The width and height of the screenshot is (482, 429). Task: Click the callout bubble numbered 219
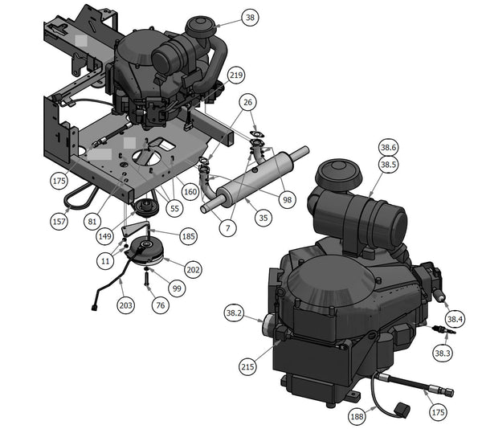(236, 75)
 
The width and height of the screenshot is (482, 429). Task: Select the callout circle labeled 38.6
(388, 148)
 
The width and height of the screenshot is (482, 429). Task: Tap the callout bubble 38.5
(388, 165)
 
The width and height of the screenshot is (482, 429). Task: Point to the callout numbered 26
(247, 102)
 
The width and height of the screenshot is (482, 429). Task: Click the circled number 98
(287, 200)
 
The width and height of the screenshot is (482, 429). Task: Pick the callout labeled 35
(263, 218)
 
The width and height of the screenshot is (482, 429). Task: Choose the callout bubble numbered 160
(190, 192)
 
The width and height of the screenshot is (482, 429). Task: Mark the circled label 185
(189, 236)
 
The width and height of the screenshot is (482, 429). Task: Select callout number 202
(194, 270)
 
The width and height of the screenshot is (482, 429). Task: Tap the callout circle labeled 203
(126, 305)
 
